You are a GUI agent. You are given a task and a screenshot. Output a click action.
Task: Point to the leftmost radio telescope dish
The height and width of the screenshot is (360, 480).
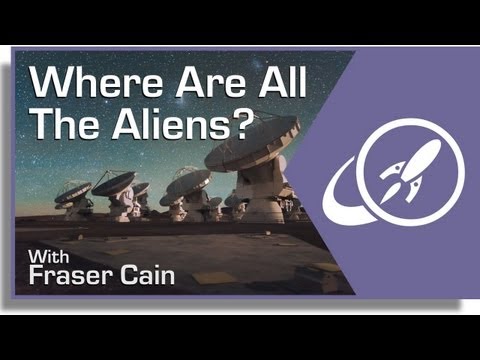click(72, 191)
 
